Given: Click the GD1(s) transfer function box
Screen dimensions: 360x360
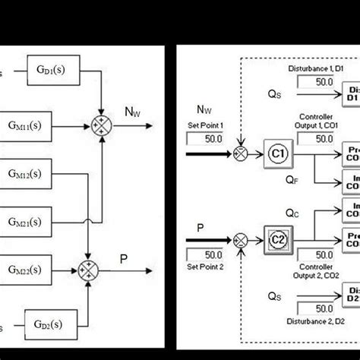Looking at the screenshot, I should point(51,68).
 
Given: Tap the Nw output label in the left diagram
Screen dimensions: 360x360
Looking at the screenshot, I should point(133,112).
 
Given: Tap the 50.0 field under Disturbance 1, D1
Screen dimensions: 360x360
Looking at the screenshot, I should point(324,81).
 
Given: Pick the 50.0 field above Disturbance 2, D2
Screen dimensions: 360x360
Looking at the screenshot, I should point(324,308).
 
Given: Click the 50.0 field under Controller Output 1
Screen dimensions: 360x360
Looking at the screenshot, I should point(324,138).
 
